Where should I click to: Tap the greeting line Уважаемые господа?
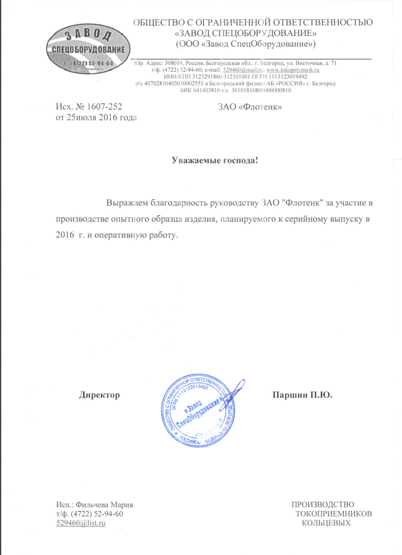tap(214, 161)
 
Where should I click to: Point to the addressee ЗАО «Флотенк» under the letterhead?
tap(251, 107)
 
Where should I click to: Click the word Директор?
tap(99, 395)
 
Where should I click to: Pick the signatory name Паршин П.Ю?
tap(303, 395)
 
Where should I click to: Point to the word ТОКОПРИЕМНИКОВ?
tap(334, 513)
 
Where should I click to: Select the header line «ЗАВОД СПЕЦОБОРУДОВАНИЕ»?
tap(246, 33)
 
